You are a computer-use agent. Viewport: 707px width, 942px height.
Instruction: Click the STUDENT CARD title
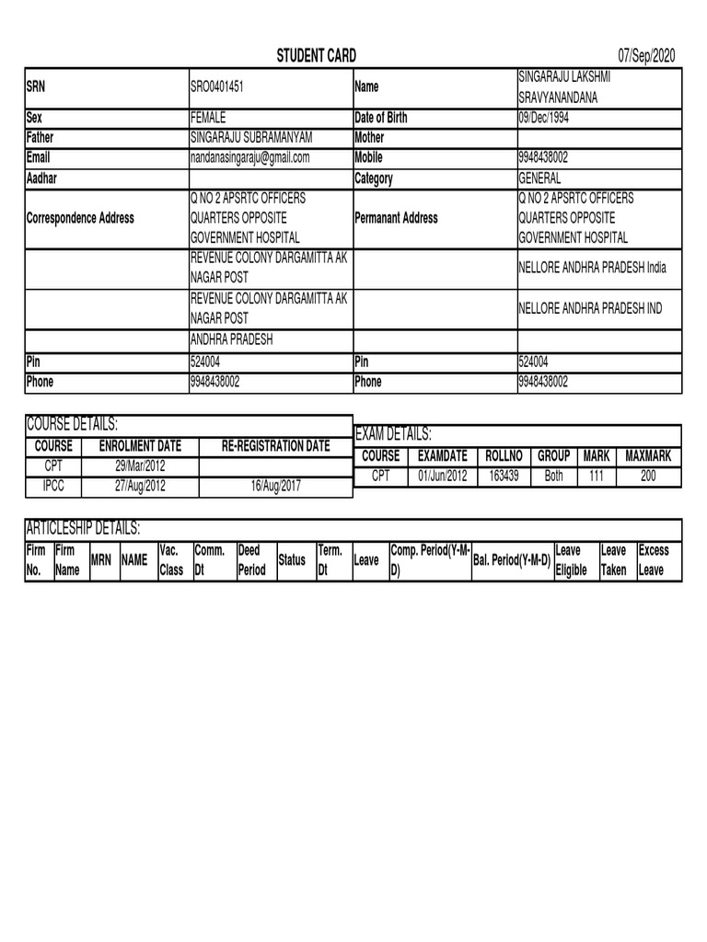click(317, 57)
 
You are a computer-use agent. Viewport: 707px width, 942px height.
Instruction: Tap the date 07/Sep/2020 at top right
click(647, 57)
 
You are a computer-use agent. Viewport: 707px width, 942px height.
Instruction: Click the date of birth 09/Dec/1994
click(550, 118)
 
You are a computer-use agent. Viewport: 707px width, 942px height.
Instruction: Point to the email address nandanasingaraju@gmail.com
click(249, 158)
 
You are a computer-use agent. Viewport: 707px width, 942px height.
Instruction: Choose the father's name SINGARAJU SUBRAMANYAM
click(251, 138)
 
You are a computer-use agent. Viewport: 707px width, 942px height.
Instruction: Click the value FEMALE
click(207, 118)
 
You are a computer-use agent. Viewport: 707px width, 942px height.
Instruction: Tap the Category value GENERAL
click(539, 178)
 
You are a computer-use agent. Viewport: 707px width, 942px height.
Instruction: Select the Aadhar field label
click(43, 178)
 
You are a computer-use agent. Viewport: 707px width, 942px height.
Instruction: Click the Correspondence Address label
click(81, 218)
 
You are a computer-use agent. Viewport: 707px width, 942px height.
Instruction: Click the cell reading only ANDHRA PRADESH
click(231, 340)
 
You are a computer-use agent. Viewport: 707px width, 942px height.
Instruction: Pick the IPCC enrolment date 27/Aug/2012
click(140, 486)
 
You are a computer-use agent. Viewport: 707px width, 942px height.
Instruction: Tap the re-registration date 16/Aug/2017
click(275, 486)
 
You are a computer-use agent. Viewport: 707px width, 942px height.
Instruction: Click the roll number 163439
click(504, 476)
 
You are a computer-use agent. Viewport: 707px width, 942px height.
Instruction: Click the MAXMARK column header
click(648, 455)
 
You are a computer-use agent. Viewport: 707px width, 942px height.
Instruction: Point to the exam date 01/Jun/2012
click(443, 476)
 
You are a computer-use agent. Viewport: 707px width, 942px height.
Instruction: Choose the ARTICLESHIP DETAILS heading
click(82, 528)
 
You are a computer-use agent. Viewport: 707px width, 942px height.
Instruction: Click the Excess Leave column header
click(654, 560)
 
